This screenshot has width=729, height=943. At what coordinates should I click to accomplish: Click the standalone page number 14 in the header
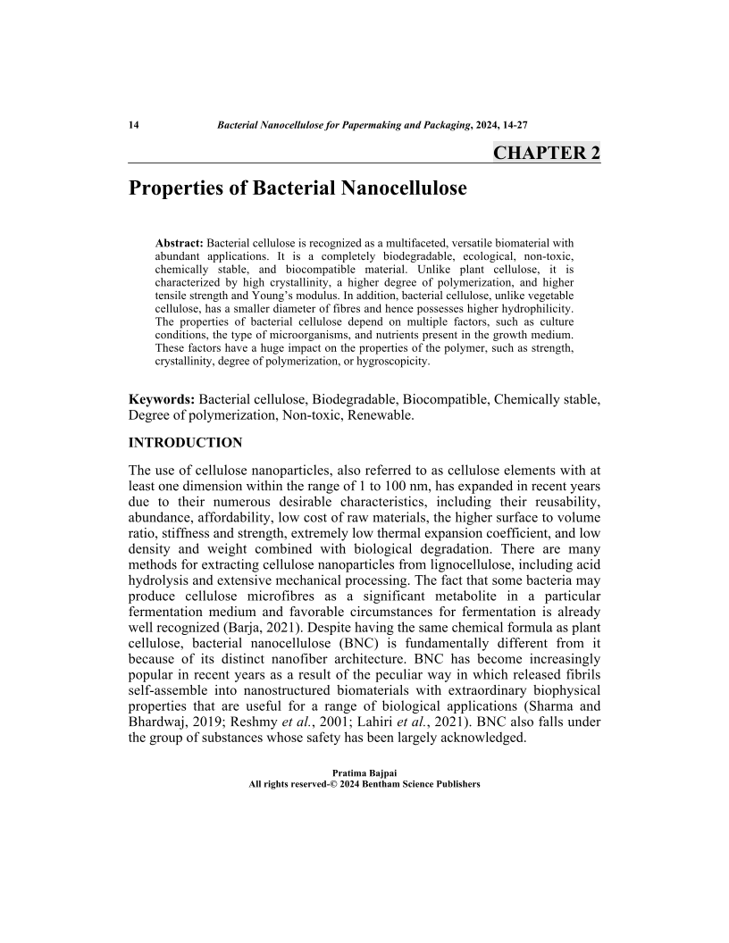(134, 124)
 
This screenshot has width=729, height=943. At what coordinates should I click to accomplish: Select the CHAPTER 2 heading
(547, 152)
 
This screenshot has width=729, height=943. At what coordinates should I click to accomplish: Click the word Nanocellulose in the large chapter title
(393, 189)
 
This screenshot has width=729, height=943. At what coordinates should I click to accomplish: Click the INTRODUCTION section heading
(185, 443)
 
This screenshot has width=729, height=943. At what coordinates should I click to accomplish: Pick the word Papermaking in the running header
(377, 124)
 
